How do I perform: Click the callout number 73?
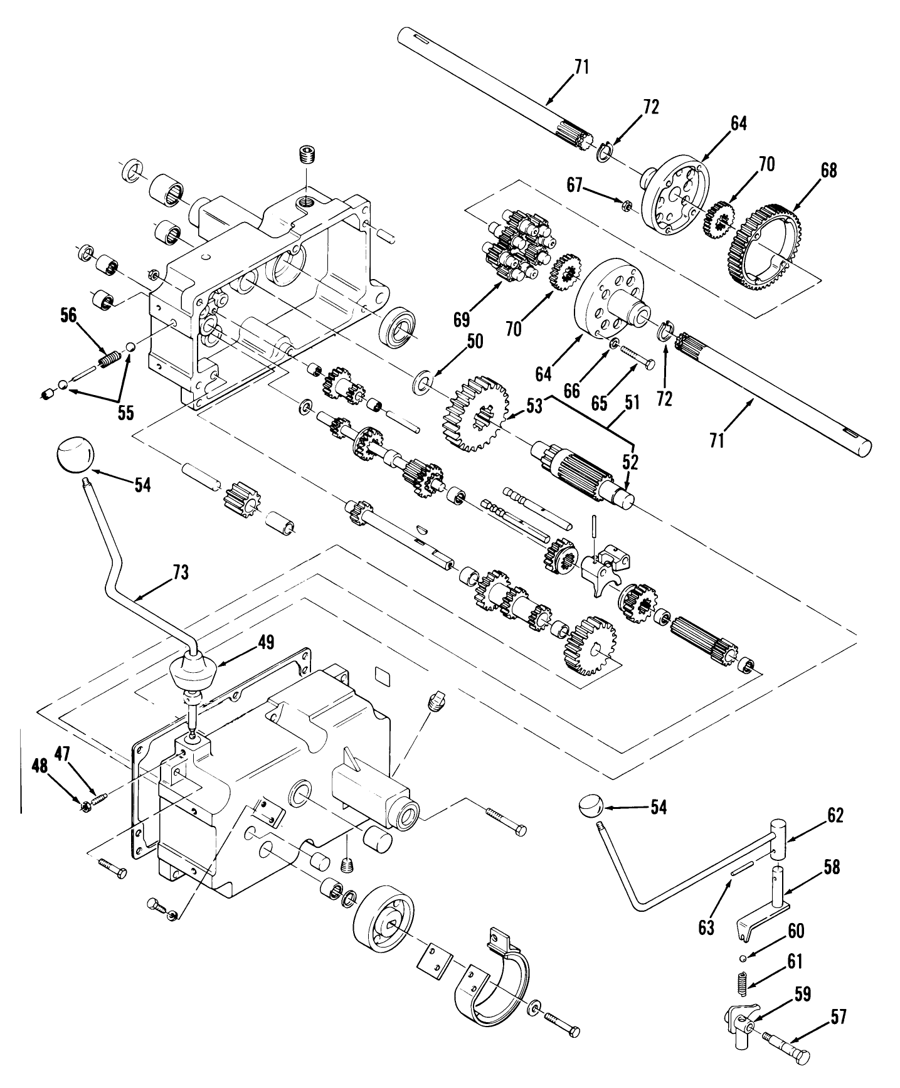(180, 572)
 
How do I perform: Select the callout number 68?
(829, 171)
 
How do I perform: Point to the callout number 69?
(462, 320)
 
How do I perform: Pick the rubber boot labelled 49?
(193, 673)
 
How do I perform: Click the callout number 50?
(475, 341)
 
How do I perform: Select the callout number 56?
(69, 315)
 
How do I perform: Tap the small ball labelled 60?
(742, 957)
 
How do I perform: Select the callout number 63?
(707, 927)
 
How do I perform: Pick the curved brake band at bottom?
(490, 986)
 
